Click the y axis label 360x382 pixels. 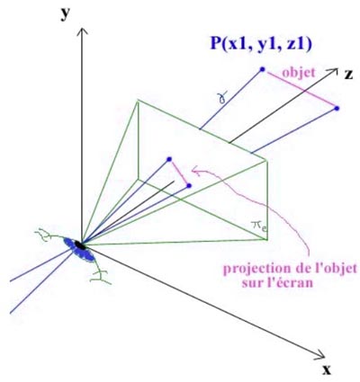tap(65, 13)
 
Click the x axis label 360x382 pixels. tap(327, 370)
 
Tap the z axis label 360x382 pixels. tap(348, 75)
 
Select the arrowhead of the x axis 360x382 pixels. tap(320, 355)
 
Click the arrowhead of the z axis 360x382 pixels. tap(333, 72)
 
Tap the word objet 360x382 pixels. tap(299, 73)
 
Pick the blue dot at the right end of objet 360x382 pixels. tap(337, 108)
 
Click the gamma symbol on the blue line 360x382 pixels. tap(222, 97)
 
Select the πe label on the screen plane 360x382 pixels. tap(259, 226)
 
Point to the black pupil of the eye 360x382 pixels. tap(80, 245)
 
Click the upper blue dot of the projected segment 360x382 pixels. tap(169, 159)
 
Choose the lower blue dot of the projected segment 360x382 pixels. tap(189, 186)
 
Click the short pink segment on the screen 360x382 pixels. tap(179, 173)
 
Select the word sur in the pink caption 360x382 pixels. tap(253, 283)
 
